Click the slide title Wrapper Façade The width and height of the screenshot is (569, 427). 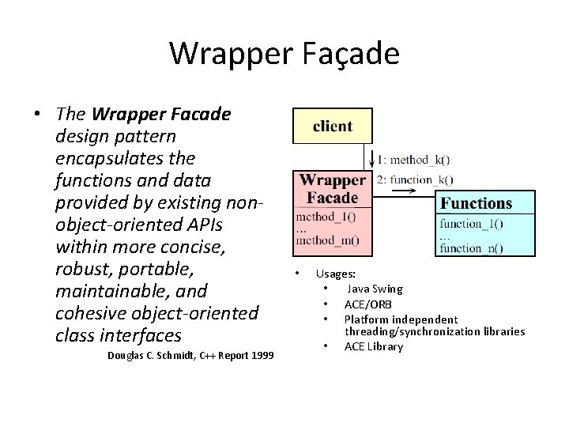[284, 54]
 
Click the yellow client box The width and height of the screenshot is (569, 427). [332, 127]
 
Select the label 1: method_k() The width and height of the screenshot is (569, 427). [415, 158]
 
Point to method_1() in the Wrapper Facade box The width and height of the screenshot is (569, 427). [326, 216]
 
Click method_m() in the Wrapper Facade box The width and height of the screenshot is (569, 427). [327, 240]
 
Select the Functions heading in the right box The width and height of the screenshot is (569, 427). [476, 203]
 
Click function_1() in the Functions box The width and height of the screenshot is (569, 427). [472, 224]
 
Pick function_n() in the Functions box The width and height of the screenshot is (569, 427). [472, 248]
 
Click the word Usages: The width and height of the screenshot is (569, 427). [335, 274]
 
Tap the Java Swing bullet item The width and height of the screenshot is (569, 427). [375, 289]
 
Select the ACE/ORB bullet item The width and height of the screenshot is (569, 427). [367, 304]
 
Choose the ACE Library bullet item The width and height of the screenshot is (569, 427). [373, 346]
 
